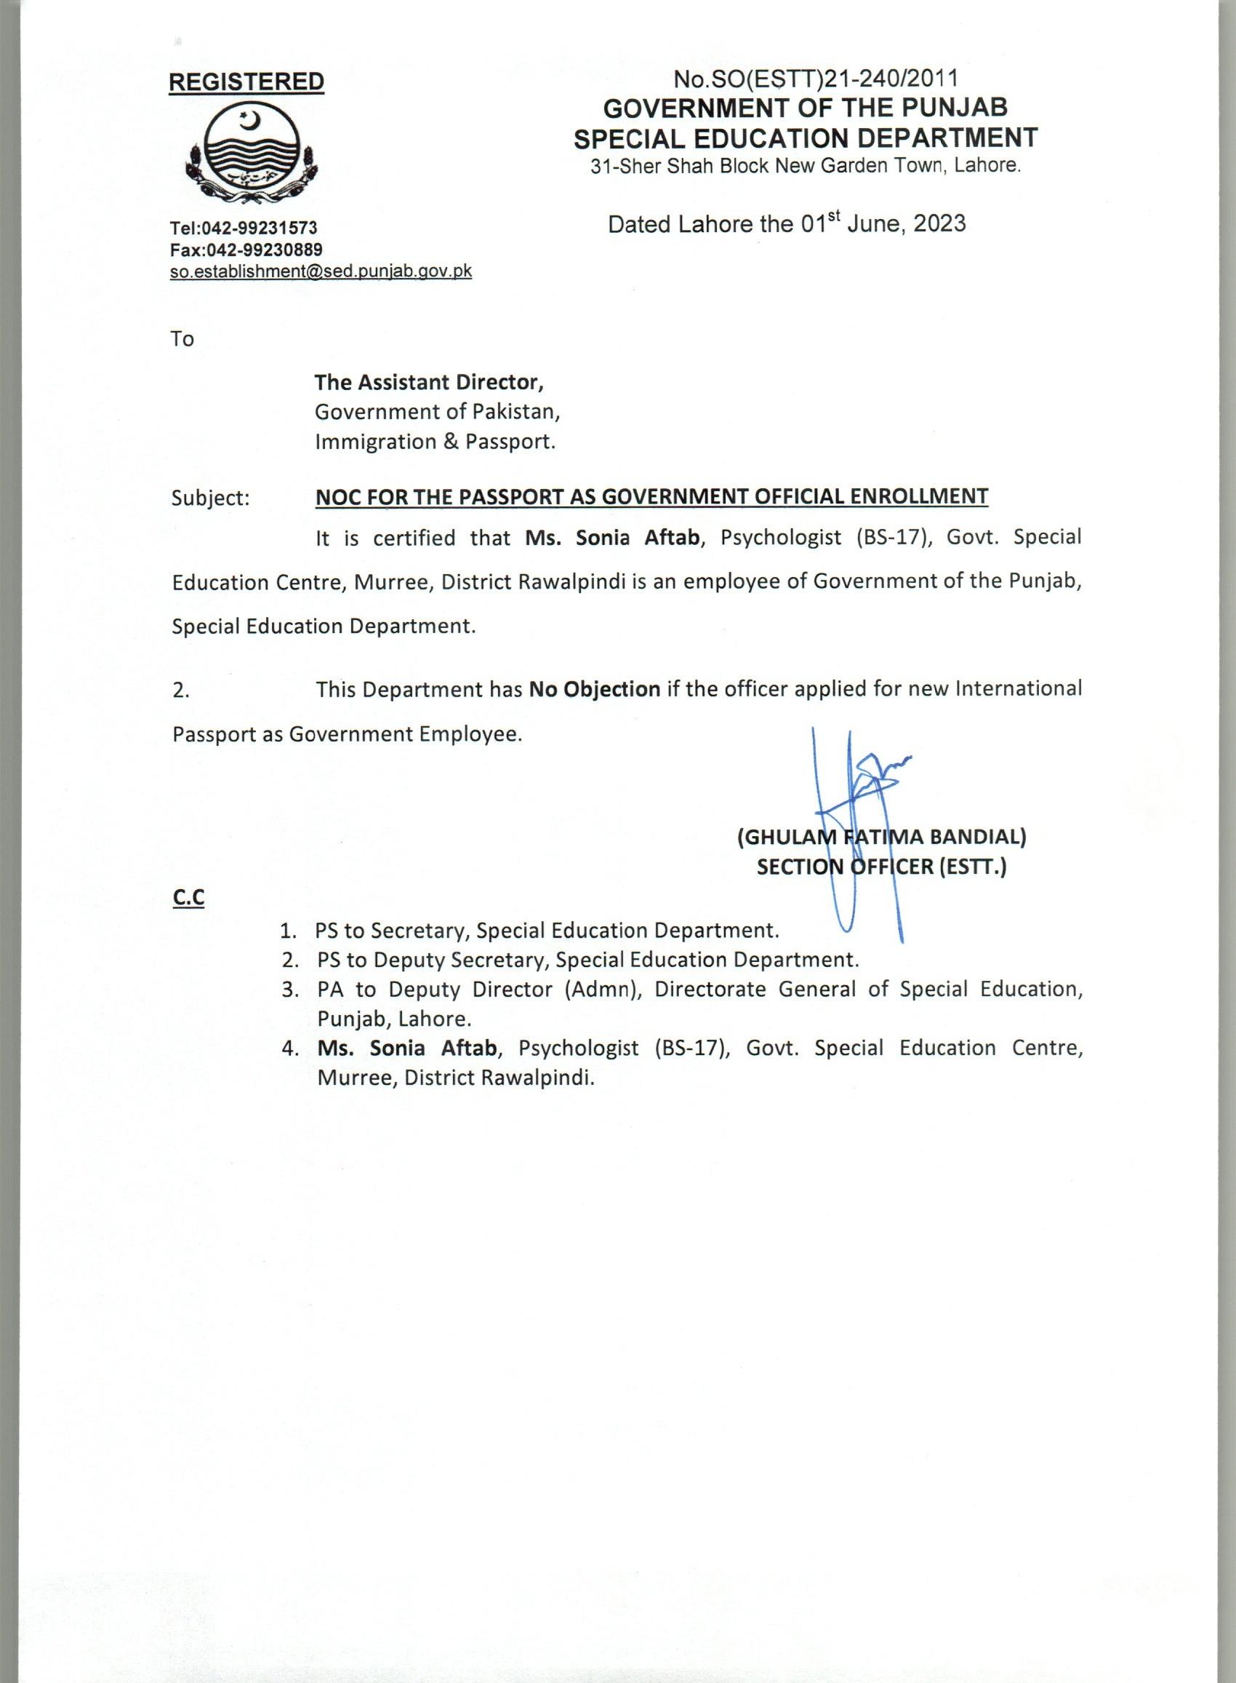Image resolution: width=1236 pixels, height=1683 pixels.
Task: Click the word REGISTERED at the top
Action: [246, 81]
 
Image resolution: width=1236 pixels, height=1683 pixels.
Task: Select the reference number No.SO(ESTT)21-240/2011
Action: [815, 78]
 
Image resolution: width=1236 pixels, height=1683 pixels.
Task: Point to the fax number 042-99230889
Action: [264, 250]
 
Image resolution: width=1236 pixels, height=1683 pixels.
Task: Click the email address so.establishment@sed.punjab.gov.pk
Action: [321, 271]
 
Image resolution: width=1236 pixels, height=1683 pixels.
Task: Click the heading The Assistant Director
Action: [429, 383]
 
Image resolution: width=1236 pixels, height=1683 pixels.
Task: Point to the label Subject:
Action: [210, 498]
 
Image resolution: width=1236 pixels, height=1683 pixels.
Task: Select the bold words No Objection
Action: [594, 689]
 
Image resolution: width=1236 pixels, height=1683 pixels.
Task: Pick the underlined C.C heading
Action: [188, 898]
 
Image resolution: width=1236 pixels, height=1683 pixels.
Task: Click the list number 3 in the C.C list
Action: [289, 990]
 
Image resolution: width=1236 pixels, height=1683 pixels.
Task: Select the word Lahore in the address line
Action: [992, 165]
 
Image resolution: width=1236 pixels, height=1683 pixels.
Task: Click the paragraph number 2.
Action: [180, 691]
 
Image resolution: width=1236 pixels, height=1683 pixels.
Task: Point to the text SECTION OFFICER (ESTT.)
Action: [881, 867]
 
